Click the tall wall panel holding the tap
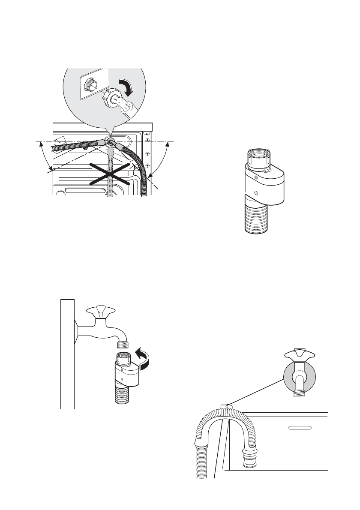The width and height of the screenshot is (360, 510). pos(67,354)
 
